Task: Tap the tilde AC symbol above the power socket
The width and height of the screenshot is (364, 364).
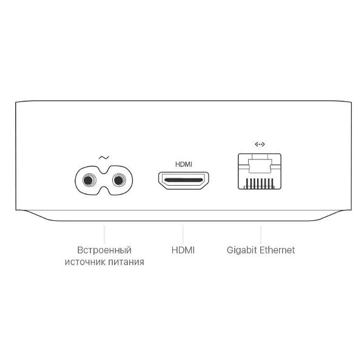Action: (x=104, y=158)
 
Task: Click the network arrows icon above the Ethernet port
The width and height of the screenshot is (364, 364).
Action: (x=260, y=144)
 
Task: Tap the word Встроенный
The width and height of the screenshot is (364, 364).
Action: (x=104, y=250)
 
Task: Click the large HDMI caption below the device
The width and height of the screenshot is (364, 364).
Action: (x=183, y=250)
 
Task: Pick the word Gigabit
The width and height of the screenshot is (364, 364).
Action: (x=242, y=250)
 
